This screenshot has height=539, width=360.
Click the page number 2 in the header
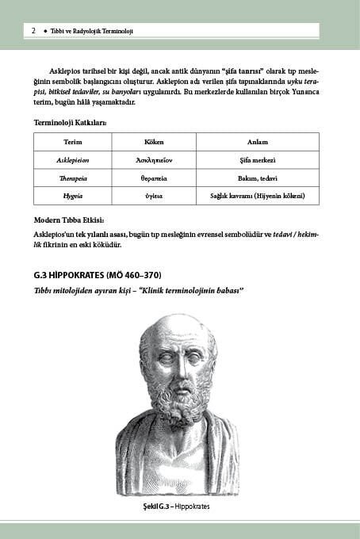[x=33, y=31]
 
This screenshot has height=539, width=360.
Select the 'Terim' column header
[x=72, y=141]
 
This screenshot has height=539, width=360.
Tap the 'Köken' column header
[x=153, y=141]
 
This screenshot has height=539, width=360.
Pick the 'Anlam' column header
[x=257, y=141]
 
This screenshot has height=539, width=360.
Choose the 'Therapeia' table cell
[x=72, y=178]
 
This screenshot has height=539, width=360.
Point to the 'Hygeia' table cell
[x=72, y=196]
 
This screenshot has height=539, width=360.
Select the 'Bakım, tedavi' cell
[x=257, y=178]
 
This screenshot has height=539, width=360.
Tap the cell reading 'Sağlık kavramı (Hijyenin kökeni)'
[x=257, y=196]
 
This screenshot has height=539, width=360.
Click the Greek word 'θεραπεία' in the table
[x=153, y=178]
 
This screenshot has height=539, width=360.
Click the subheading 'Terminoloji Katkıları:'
[x=70, y=123]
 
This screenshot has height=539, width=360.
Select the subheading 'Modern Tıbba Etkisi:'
[x=69, y=220]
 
